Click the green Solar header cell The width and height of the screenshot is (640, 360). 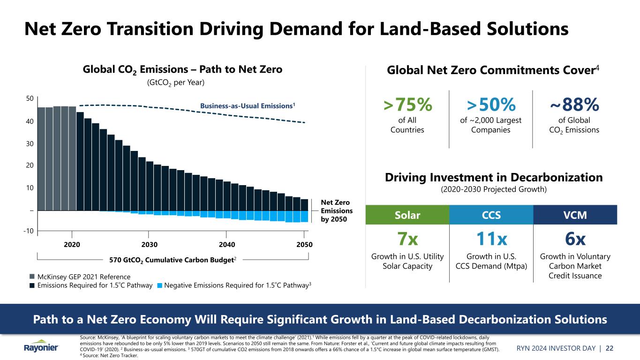pos(407,215)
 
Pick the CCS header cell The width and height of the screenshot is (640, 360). pos(490,215)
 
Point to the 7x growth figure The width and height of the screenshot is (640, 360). pos(407,240)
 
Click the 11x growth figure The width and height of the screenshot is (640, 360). pos(490,240)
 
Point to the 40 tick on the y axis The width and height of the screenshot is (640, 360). pos(30,121)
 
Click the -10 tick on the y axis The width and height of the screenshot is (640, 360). pos(29,231)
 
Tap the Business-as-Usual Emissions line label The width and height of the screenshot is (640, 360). pos(248,106)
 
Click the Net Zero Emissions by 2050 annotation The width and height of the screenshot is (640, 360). pos(337,211)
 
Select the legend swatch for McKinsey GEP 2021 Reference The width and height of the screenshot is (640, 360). pos(31,277)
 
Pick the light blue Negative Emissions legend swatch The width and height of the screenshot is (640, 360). pos(160,285)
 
